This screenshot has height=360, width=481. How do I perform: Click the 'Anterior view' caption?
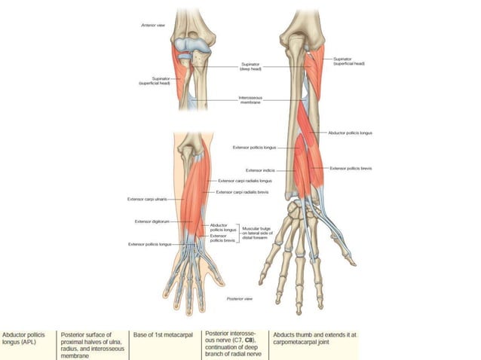point(153,25)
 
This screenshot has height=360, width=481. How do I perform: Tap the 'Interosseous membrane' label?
point(251,100)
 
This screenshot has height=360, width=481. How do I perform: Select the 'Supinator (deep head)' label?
point(250,66)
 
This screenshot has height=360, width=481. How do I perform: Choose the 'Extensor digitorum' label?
point(151,221)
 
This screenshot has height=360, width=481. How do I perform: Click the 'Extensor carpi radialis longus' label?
point(244,181)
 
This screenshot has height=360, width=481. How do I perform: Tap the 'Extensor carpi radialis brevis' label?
point(242,192)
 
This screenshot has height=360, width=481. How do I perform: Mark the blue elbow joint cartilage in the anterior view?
point(193,45)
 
